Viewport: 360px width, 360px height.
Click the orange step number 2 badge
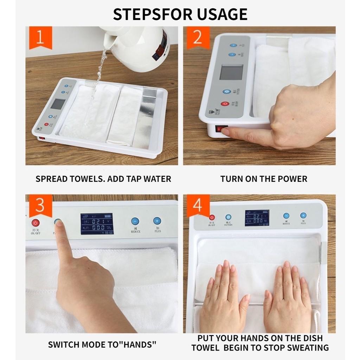198,37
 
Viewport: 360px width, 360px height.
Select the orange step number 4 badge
198,205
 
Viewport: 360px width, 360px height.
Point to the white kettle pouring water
141,46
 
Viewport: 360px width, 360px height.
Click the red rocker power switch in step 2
221,129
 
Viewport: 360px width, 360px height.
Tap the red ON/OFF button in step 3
36,223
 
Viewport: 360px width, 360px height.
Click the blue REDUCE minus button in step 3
135,221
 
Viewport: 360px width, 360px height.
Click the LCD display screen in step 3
97,224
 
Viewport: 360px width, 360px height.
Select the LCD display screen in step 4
257,218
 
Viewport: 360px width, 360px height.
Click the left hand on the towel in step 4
225,299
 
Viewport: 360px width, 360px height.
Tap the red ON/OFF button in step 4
212,218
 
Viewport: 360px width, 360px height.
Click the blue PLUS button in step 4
303,216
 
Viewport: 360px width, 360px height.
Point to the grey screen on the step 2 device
231,72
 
